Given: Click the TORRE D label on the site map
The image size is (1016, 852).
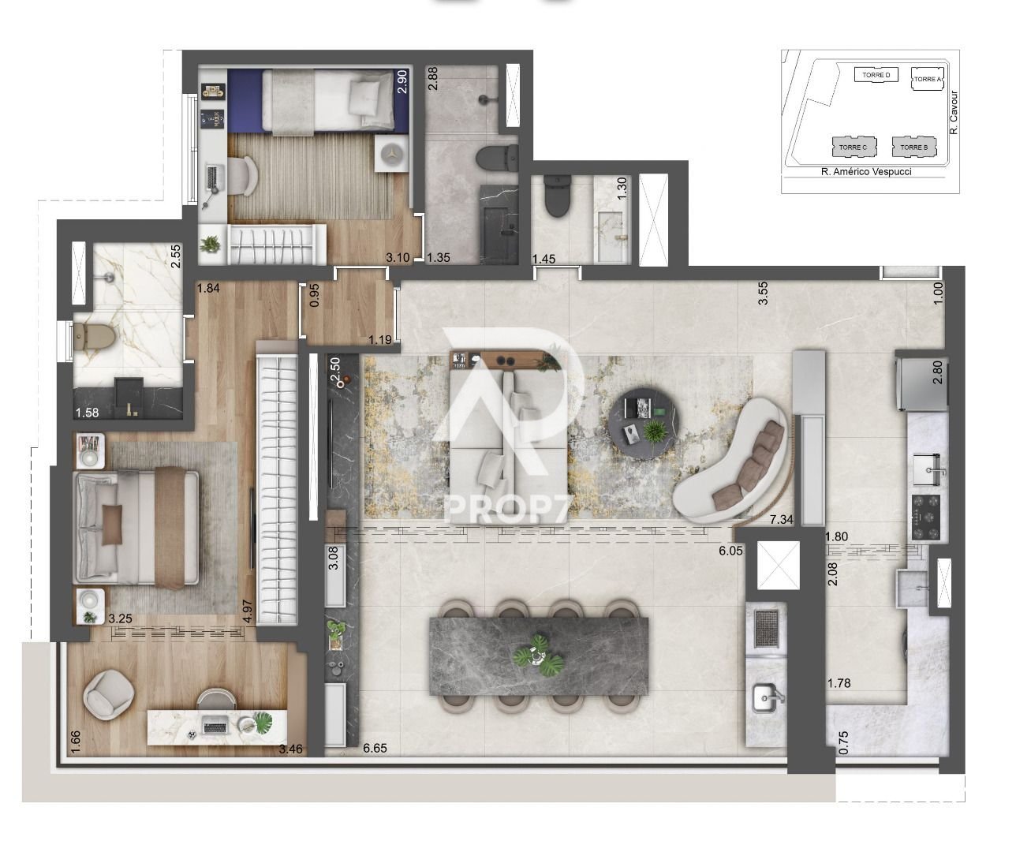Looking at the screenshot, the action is click(x=876, y=75).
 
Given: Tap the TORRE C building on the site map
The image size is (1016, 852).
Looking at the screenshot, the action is click(x=854, y=147).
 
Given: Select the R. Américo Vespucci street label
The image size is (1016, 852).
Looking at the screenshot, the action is click(x=866, y=172).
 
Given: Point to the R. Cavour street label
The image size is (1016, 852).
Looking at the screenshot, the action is click(x=954, y=113).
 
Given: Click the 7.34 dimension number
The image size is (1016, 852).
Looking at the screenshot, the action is click(x=781, y=520).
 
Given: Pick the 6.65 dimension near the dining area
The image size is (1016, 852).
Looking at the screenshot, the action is click(x=375, y=748).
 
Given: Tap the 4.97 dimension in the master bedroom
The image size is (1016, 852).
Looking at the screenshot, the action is click(x=248, y=611).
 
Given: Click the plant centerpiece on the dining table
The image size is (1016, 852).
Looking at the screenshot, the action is click(x=538, y=655).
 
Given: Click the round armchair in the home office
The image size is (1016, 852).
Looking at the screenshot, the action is click(x=109, y=694).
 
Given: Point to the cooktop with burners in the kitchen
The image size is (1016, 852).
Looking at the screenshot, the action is click(x=926, y=518).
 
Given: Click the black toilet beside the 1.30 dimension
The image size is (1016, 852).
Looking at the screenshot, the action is click(x=557, y=196).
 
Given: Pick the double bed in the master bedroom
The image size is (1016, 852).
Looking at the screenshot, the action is click(x=136, y=528).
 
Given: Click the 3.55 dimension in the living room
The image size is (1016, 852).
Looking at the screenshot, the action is click(x=764, y=293).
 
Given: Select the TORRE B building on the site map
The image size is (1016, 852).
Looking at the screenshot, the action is click(x=914, y=147).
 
